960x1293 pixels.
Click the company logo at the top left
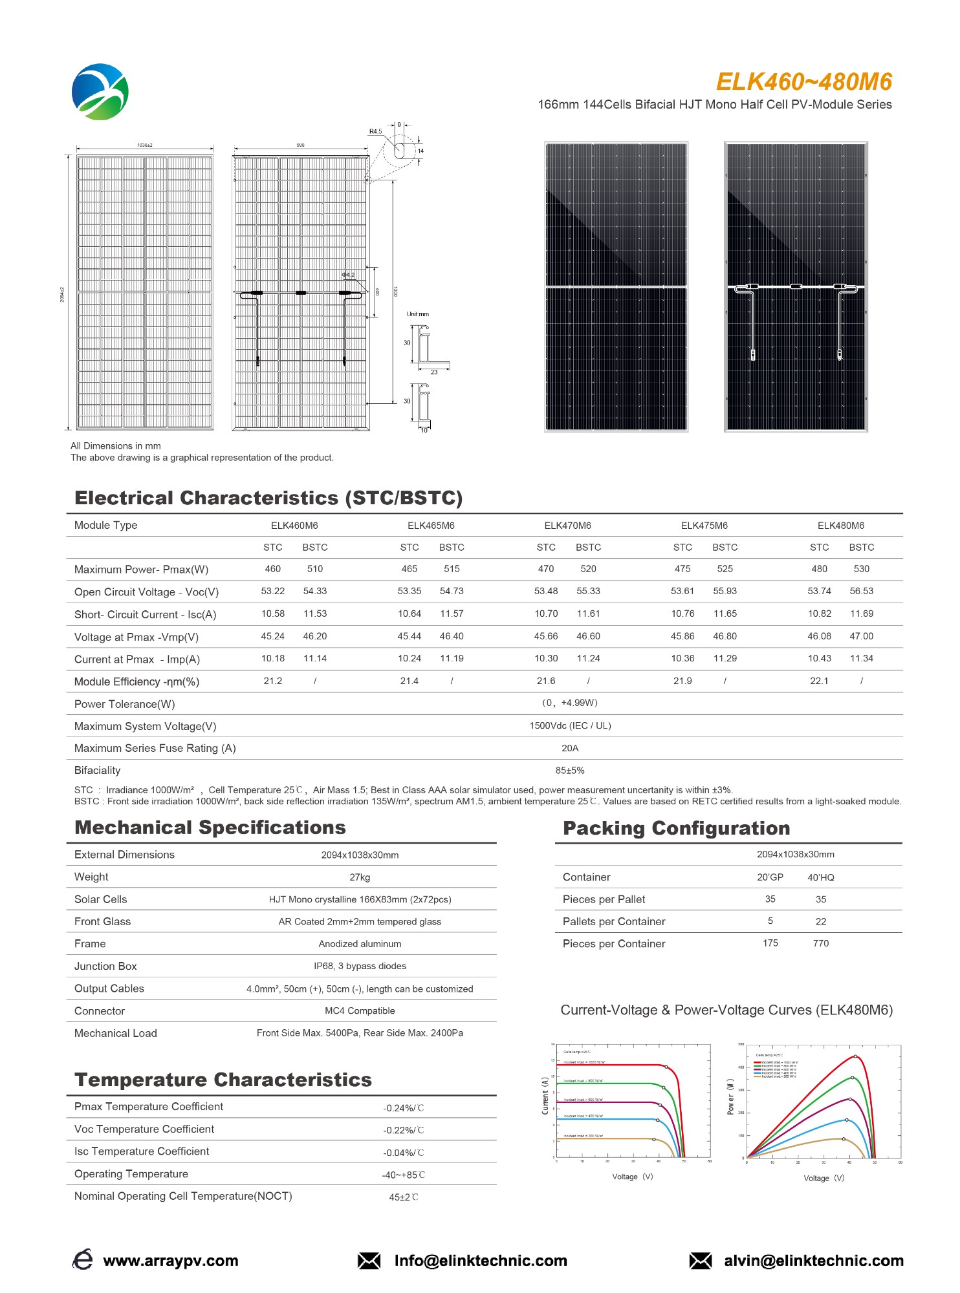point(100,92)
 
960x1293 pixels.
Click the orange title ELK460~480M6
point(803,82)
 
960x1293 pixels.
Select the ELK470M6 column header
point(567,526)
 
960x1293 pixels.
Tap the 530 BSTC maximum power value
point(861,569)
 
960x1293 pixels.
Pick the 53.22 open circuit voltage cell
point(273,591)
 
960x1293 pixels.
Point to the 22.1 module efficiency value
point(819,681)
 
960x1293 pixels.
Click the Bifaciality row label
point(97,770)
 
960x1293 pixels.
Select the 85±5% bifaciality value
point(570,770)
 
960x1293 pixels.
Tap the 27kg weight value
point(360,877)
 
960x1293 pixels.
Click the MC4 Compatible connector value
point(360,1011)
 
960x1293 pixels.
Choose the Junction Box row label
point(105,967)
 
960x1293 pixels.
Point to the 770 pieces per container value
point(820,943)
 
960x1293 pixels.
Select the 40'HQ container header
point(820,877)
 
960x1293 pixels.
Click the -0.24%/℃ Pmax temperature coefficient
point(403,1108)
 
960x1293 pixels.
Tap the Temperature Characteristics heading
point(223,1080)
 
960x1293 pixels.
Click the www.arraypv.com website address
point(171,1261)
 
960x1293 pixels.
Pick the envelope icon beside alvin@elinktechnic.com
point(700,1261)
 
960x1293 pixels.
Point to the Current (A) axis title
point(545,1095)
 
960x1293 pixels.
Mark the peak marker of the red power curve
point(855,1057)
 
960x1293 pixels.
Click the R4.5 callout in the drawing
point(375,131)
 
